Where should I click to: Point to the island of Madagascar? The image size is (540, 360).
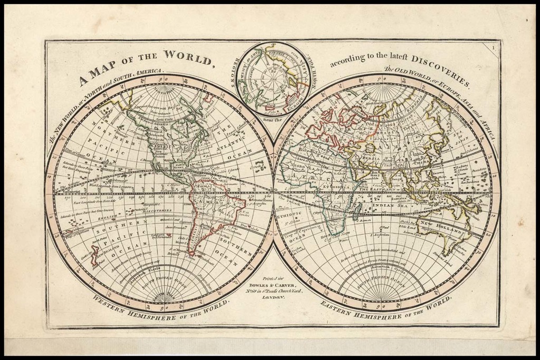point(356,211)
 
